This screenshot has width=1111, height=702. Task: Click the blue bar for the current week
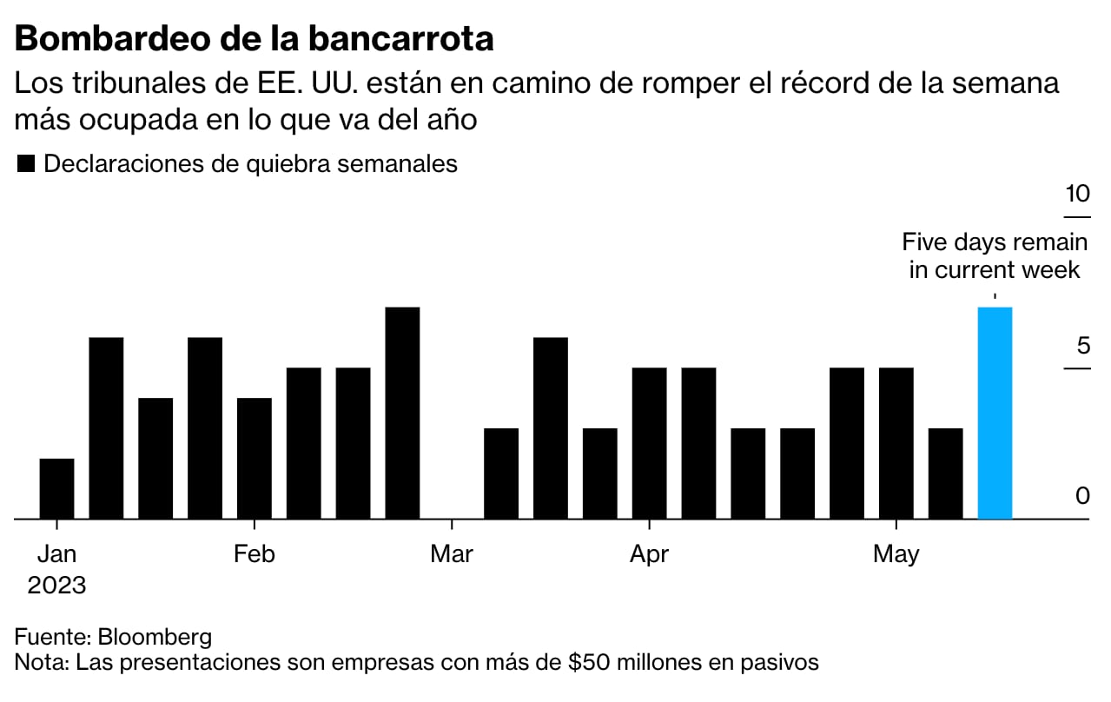(995, 413)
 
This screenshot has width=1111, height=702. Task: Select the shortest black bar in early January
(56, 488)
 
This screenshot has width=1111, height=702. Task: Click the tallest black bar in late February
(402, 413)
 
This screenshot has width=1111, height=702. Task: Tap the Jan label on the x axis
(56, 553)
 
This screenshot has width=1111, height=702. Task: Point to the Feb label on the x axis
(254, 553)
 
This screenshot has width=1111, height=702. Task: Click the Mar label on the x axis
(452, 553)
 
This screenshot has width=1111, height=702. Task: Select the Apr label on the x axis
(649, 553)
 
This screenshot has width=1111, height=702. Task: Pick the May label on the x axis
(896, 553)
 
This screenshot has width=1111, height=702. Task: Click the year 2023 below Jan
(56, 585)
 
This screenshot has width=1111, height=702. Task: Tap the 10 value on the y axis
(1077, 194)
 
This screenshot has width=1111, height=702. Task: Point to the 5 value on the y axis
(1082, 346)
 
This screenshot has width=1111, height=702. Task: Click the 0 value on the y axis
(1082, 496)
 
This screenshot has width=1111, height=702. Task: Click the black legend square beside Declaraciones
(26, 164)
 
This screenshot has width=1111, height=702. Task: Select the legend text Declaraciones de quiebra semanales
(250, 163)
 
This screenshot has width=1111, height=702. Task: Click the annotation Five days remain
(995, 242)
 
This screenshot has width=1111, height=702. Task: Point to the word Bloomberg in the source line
(155, 636)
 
